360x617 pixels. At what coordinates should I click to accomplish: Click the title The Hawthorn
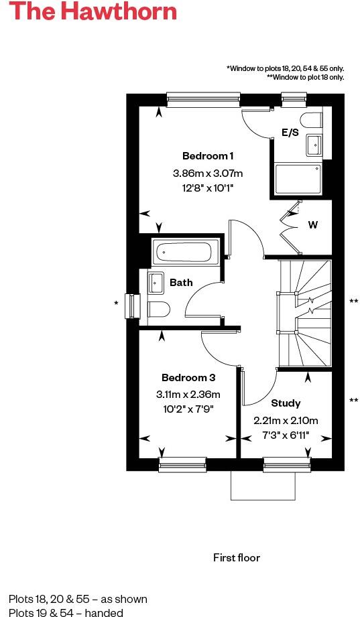point(94,12)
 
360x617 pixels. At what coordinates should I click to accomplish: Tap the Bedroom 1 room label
point(208,156)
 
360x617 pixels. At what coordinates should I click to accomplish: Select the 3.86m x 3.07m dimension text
point(208,174)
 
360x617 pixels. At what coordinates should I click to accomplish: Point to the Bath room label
point(181,283)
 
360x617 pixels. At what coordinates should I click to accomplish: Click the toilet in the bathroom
point(158,310)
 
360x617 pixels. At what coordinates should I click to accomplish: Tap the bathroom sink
point(156,282)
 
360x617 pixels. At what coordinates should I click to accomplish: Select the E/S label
point(290,133)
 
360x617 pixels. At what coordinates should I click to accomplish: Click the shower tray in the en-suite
point(300,178)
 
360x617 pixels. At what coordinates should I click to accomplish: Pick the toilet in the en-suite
point(312,120)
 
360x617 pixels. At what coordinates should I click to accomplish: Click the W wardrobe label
point(312,225)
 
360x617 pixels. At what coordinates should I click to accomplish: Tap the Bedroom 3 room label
point(188,377)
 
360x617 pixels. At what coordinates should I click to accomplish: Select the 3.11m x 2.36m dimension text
point(188,394)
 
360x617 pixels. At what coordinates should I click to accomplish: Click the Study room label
point(286,403)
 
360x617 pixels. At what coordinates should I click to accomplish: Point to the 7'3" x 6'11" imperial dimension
point(286,434)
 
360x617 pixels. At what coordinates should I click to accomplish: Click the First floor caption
point(237,557)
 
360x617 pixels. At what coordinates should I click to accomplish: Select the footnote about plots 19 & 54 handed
point(66,612)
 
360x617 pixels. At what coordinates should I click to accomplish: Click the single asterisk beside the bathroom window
point(117,303)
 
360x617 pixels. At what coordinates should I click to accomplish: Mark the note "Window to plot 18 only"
point(305,77)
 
